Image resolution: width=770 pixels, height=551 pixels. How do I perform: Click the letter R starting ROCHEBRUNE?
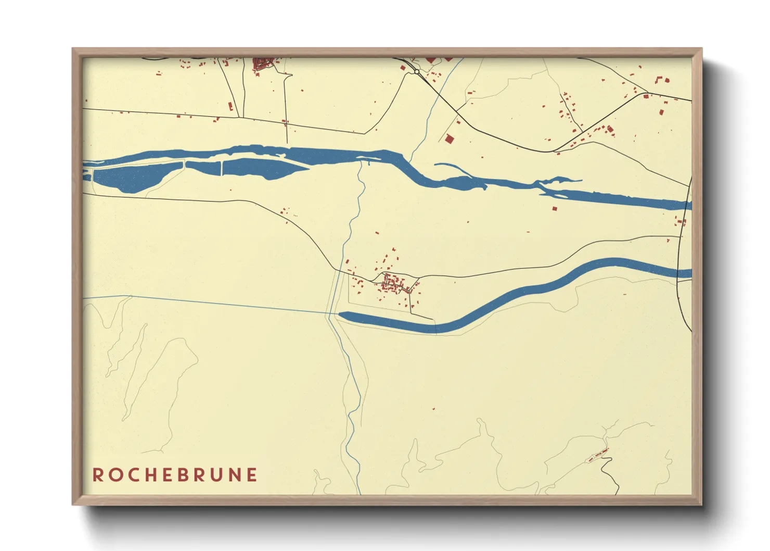click(x=97, y=475)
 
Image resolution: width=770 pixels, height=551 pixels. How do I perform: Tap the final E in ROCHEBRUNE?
click(x=252, y=475)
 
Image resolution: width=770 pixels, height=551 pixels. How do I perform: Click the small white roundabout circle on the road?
click(x=417, y=71)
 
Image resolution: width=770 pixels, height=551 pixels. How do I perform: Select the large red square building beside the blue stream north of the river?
click(x=448, y=139)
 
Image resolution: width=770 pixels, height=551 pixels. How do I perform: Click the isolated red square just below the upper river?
click(x=554, y=208)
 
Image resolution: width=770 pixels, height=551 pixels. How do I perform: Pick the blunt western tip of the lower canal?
click(x=341, y=315)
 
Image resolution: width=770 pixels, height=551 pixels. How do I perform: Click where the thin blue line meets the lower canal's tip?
click(x=333, y=314)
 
